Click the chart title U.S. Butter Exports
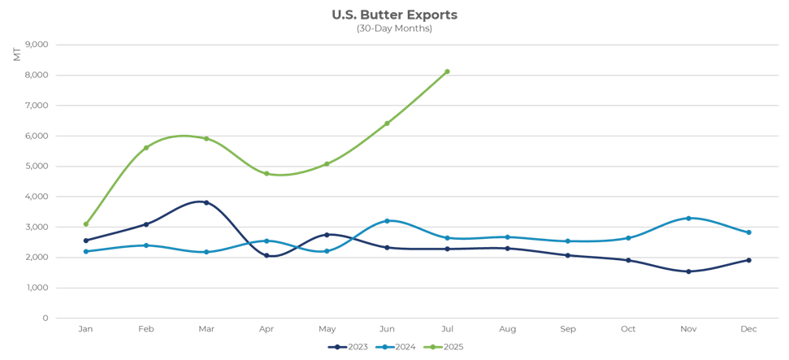point(394,15)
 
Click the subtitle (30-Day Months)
point(394,28)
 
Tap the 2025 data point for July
point(447,72)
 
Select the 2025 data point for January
point(85,223)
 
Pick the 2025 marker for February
point(145,148)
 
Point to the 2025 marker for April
point(266,173)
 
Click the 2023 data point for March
point(206,202)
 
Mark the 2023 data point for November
point(688,271)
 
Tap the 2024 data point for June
point(387,221)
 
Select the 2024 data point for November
point(688,219)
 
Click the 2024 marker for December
point(748,232)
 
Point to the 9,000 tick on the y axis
point(37,45)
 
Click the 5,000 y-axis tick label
point(37,166)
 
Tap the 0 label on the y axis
point(45,318)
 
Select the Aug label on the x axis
point(507,329)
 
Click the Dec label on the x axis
point(748,329)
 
